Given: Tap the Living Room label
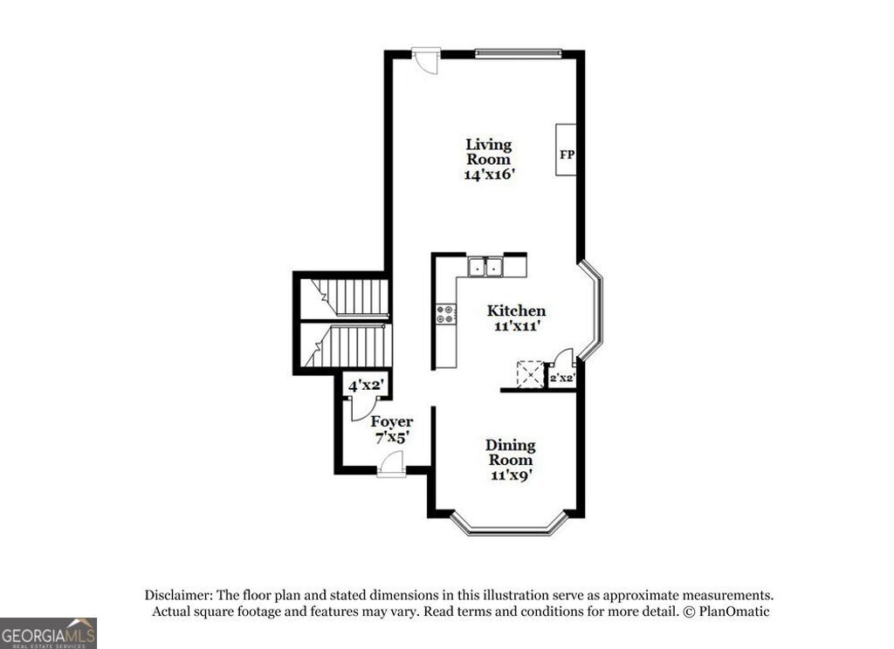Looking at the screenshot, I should click(489, 152).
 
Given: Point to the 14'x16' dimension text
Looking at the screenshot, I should click(490, 174).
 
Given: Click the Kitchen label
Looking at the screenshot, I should click(516, 311).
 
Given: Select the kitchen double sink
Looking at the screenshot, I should click(485, 266).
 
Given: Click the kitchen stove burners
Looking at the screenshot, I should click(446, 313).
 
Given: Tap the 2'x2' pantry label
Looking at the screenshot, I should click(561, 379).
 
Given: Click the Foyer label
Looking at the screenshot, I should click(392, 422).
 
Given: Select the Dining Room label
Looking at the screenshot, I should click(511, 453).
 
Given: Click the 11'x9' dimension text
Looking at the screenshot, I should click(510, 475).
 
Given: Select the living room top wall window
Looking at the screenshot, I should click(519, 52).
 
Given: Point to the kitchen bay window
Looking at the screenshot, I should click(595, 311).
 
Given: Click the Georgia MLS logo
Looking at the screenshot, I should click(48, 633).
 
